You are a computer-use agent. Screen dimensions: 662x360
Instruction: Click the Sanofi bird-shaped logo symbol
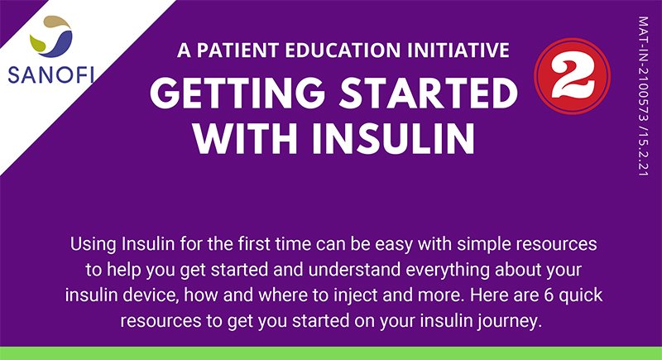click(x=51, y=36)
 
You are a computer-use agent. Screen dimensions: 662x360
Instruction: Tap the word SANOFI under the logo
click(x=51, y=75)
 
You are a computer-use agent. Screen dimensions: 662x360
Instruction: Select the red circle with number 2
click(x=572, y=76)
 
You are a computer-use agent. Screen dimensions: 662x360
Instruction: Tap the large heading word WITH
click(x=248, y=139)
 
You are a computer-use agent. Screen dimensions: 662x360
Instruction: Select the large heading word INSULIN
click(x=393, y=139)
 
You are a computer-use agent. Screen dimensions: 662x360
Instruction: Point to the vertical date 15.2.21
click(x=643, y=153)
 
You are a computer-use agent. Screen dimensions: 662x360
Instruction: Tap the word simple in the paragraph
click(x=484, y=245)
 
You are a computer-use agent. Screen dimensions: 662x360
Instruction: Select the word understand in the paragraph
click(x=354, y=270)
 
